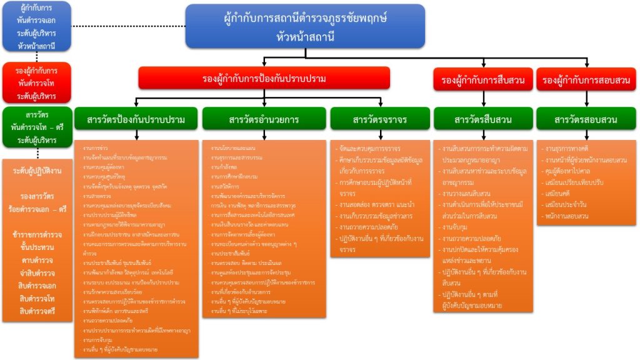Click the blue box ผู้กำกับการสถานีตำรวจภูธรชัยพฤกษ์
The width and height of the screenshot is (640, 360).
305,26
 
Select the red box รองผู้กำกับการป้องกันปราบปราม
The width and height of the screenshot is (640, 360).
264,79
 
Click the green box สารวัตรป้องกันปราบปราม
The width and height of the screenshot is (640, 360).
135,119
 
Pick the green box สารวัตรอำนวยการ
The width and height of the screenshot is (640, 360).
264,119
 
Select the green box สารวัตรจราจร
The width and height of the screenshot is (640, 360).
379,119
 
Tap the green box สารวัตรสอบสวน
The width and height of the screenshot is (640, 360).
586,119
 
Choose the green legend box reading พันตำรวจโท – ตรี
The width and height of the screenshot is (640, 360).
37,127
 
